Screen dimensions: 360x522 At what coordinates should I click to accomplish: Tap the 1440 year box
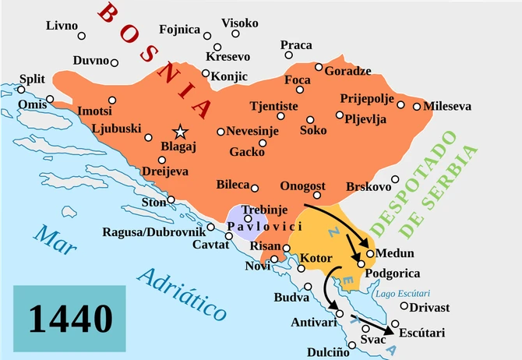69,316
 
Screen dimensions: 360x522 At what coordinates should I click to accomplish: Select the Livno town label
62,26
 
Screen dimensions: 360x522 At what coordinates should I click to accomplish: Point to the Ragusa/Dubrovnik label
153,232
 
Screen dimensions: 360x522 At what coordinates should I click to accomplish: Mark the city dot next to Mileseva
417,106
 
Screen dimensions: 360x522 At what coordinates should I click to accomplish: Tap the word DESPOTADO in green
434,181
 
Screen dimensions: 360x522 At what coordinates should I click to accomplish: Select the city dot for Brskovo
396,178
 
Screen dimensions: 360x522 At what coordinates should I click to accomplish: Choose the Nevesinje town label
254,132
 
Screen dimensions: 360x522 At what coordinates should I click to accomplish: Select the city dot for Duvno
114,62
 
